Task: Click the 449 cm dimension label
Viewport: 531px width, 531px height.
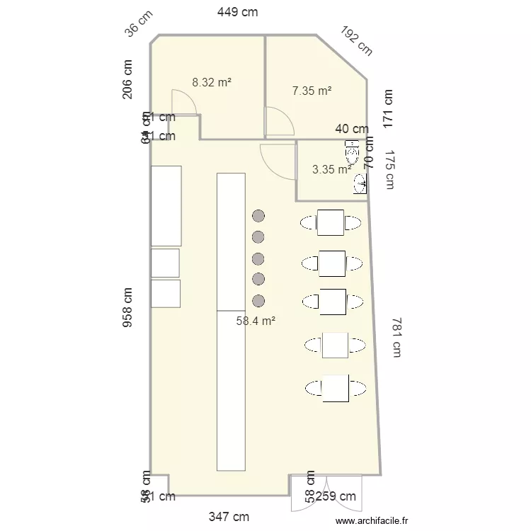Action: (x=237, y=11)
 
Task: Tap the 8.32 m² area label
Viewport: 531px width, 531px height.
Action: (x=212, y=82)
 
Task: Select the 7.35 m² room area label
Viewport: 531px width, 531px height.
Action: (x=312, y=91)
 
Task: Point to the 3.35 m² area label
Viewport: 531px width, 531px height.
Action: (x=331, y=169)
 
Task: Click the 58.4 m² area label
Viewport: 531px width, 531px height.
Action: (x=256, y=321)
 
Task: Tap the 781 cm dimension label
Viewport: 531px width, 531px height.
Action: (x=394, y=338)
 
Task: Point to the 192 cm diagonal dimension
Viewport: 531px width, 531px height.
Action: (x=356, y=41)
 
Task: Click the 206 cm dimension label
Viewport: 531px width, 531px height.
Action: (x=128, y=79)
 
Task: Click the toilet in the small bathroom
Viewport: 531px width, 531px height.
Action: (x=353, y=151)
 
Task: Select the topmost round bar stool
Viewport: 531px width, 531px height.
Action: (x=258, y=215)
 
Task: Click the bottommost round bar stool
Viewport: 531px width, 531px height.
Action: (x=258, y=300)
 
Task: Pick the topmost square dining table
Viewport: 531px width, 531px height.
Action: (x=331, y=222)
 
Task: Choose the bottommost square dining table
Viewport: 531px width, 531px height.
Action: (x=336, y=388)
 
